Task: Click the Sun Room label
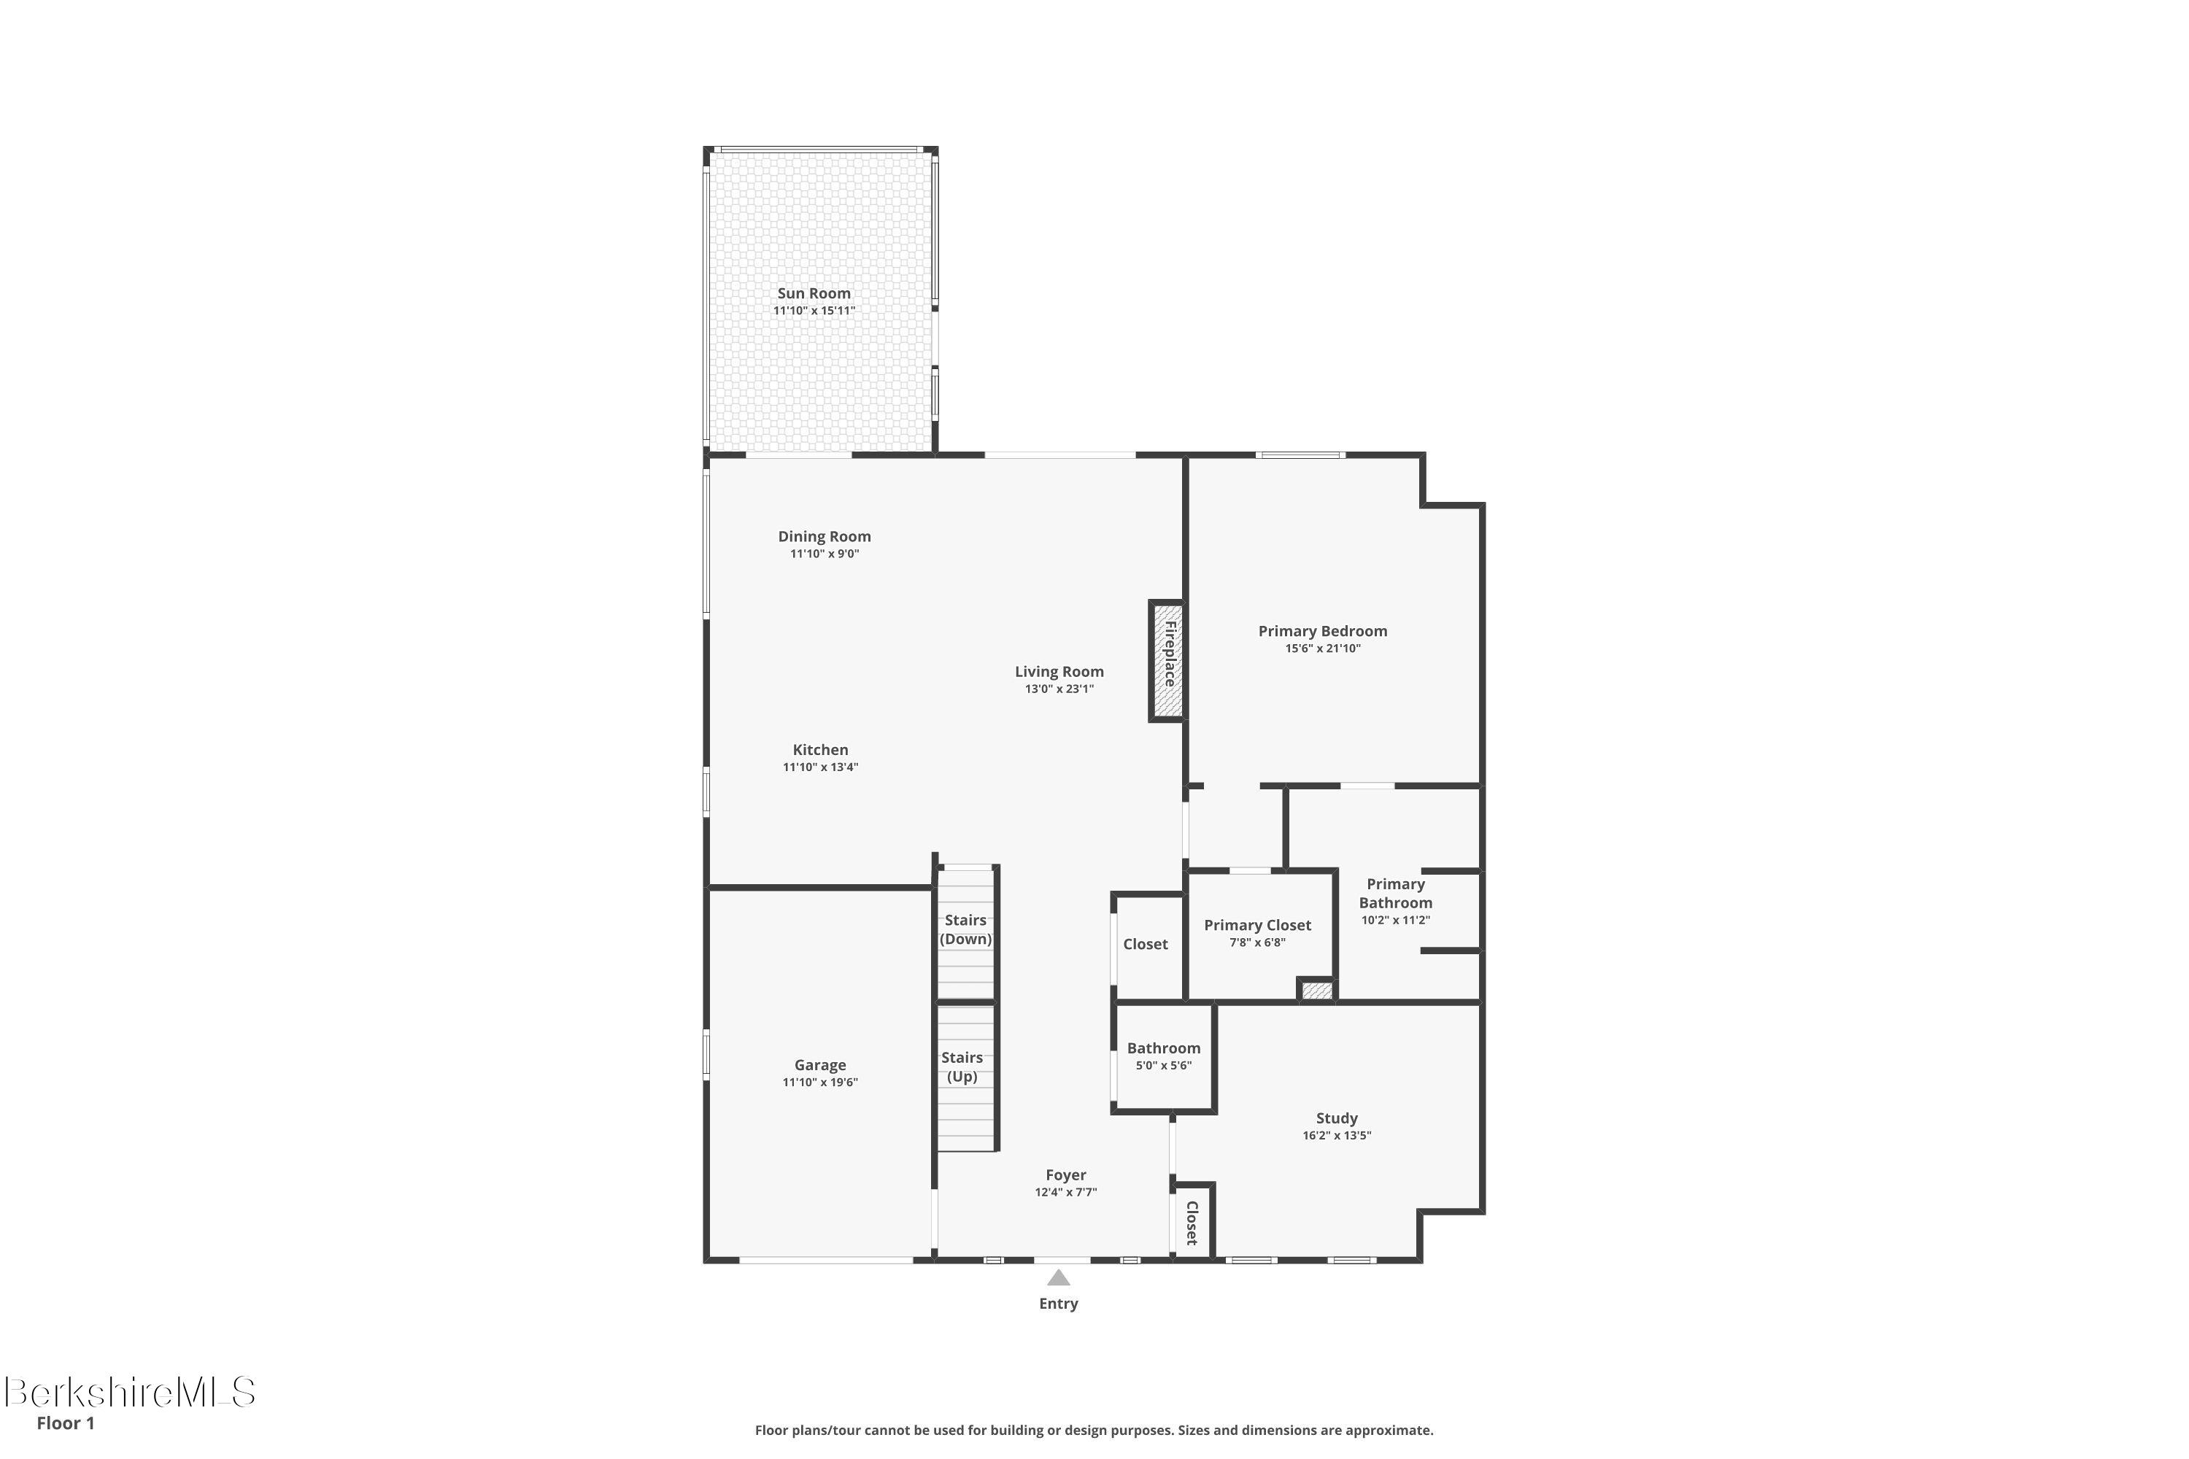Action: pos(814,293)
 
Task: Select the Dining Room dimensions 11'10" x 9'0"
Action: pos(824,554)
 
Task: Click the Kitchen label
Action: pos(820,750)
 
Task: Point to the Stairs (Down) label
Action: pos(965,929)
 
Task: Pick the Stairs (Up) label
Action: pos(962,1067)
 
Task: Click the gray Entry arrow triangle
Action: pos(1058,1279)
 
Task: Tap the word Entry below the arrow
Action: pos(1058,1304)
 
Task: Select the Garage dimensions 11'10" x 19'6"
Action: pos(820,1082)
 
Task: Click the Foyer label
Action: pos(1065,1175)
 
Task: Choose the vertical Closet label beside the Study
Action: pos(1192,1223)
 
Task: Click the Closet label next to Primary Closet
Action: pos(1145,945)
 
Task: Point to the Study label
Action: pos(1337,1118)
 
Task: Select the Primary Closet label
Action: pos(1257,925)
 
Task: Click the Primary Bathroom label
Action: pos(1395,893)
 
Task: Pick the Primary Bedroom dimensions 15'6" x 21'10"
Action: pos(1322,649)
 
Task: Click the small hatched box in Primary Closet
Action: pos(1317,991)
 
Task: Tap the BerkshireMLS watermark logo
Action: pos(131,1393)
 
